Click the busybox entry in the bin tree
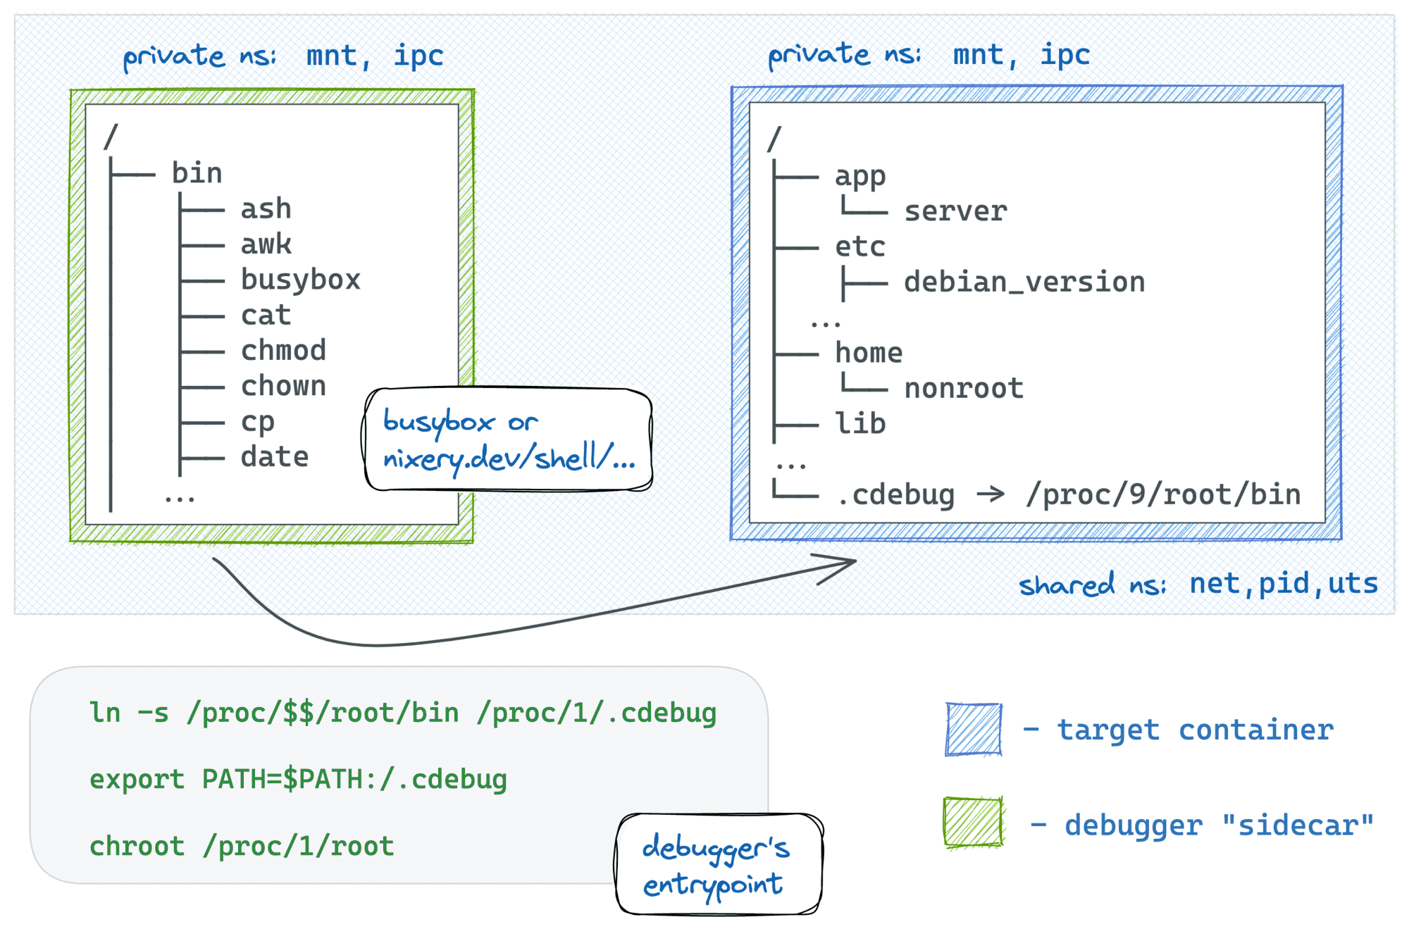click(300, 280)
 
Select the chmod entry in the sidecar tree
click(283, 351)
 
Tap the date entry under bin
click(275, 457)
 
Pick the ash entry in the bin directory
click(266, 209)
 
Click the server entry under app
click(955, 211)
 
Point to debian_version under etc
click(1024, 282)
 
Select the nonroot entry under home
click(963, 389)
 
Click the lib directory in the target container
click(859, 424)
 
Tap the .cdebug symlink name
click(895, 495)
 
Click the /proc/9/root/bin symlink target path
click(1163, 495)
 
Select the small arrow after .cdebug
click(991, 494)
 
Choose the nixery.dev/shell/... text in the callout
click(509, 459)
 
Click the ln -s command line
click(402, 713)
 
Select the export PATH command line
click(298, 780)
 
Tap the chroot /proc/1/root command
click(242, 846)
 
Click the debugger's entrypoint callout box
click(719, 865)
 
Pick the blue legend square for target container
click(974, 729)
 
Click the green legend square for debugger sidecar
click(973, 822)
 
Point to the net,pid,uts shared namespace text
click(1283, 584)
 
